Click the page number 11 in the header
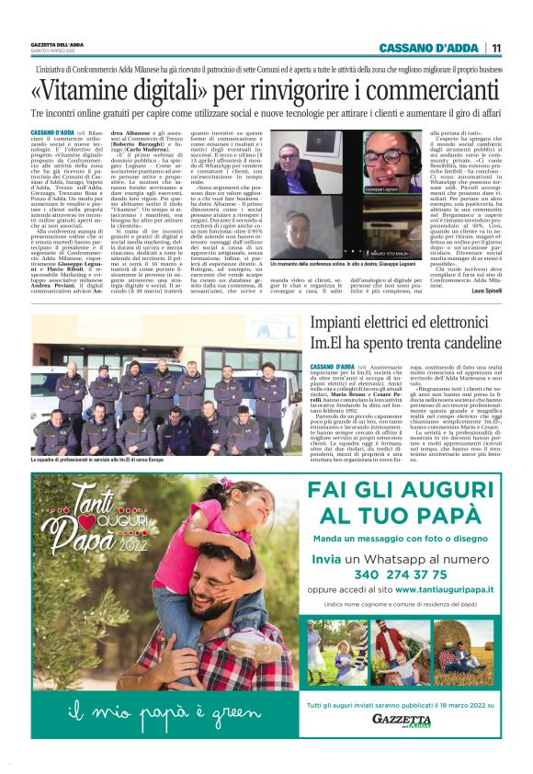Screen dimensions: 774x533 (496, 48)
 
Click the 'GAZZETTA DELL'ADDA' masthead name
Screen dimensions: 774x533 (57, 44)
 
